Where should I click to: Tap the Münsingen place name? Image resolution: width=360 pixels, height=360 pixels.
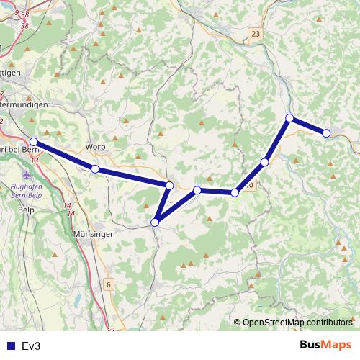pyautogui.click(x=94, y=235)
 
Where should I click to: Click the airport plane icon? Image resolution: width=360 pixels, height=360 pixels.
pyautogui.click(x=27, y=175)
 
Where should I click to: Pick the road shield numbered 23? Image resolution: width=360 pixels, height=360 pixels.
pyautogui.click(x=256, y=34)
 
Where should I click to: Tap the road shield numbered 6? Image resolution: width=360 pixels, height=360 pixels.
pyautogui.click(x=109, y=284)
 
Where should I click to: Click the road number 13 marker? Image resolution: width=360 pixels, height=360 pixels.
pyautogui.click(x=35, y=160)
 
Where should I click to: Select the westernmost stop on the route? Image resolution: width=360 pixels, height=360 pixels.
pyautogui.click(x=34, y=142)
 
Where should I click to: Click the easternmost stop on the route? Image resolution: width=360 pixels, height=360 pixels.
pyautogui.click(x=326, y=132)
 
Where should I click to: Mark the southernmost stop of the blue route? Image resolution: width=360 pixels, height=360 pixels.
pyautogui.click(x=155, y=222)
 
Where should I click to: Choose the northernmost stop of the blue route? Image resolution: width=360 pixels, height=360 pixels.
pyautogui.click(x=289, y=117)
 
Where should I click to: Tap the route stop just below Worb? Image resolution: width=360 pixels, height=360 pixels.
pyautogui.click(x=95, y=168)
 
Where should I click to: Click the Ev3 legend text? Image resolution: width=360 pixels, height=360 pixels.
pyautogui.click(x=32, y=346)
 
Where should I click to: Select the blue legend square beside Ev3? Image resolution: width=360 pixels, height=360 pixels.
pyautogui.click(x=9, y=346)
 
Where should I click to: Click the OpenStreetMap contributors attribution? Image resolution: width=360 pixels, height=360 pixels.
pyautogui.click(x=297, y=323)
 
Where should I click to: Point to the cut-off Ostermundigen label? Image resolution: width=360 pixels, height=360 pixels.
pyautogui.click(x=24, y=105)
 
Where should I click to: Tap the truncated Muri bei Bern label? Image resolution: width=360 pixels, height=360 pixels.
pyautogui.click(x=14, y=148)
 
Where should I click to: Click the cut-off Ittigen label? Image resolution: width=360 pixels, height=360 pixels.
pyautogui.click(x=10, y=73)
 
